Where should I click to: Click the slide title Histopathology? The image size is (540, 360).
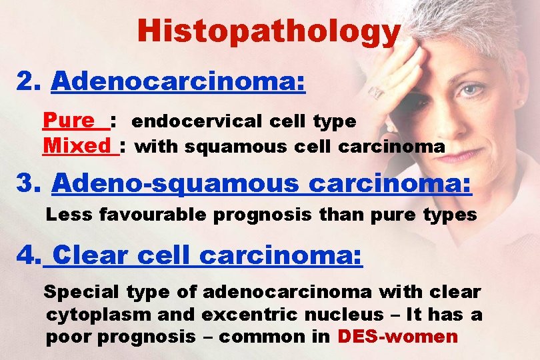(269, 31)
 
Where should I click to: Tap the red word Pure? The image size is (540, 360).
(69, 121)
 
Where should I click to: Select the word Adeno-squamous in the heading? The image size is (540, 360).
(176, 183)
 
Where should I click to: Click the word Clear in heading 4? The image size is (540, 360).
(87, 255)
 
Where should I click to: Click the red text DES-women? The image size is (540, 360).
(398, 336)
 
